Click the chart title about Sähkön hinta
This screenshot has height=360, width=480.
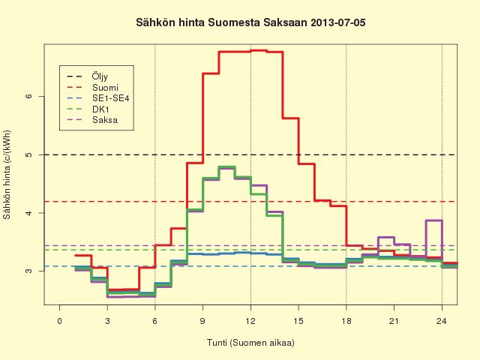click(250, 22)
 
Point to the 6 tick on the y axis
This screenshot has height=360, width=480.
click(28, 96)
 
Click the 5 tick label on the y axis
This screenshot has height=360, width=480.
click(28, 154)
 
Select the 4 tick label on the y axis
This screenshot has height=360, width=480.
click(28, 213)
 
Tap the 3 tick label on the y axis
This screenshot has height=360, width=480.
click(28, 271)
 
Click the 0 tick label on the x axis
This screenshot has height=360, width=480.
click(59, 321)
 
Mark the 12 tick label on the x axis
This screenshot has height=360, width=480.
click(250, 321)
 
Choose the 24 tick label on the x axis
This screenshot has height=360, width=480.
click(442, 321)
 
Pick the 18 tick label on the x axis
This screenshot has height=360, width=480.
click(346, 321)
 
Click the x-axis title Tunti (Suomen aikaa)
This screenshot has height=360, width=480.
click(250, 343)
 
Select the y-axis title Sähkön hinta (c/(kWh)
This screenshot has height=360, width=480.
click(7, 175)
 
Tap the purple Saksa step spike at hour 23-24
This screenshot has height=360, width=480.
click(433, 220)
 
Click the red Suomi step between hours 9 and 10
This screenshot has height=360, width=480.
click(211, 73)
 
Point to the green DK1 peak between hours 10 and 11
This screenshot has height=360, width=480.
click(226, 166)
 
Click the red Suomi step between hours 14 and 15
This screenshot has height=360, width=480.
click(290, 118)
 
